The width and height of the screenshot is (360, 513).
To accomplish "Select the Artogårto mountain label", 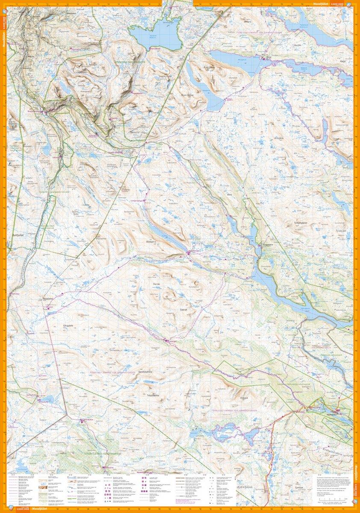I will [x=280, y=139].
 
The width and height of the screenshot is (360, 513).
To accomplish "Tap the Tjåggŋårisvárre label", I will [x=150, y=395].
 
